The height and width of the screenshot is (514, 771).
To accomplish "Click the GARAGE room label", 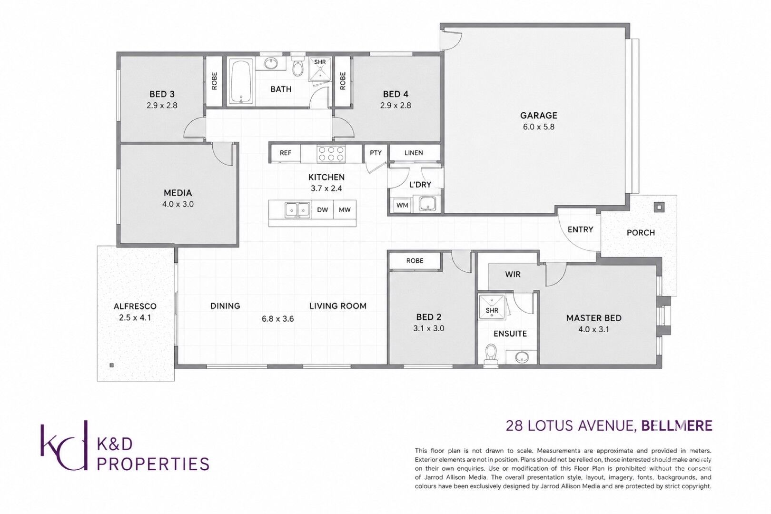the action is [538, 115].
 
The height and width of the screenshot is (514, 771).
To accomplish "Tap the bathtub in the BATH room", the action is [241, 82].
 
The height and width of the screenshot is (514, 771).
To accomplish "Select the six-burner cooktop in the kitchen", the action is [331, 154].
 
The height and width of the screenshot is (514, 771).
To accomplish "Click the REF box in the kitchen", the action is [286, 153].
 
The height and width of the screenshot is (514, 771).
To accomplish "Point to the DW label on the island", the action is [323, 209].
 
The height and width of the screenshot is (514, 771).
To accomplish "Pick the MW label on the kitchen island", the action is [345, 209].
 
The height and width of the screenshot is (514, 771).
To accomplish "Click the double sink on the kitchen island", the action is [297, 209].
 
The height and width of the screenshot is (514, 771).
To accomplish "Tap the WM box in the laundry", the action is [402, 206].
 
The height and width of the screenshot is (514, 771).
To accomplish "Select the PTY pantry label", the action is [376, 152].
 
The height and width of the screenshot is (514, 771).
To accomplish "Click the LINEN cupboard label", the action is [414, 152].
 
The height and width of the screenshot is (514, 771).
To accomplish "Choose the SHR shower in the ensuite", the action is [492, 307].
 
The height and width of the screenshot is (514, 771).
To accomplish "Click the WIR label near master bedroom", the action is [513, 275].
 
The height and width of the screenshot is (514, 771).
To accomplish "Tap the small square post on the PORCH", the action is [659, 207].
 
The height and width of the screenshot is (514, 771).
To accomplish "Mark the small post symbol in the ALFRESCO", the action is [111, 366].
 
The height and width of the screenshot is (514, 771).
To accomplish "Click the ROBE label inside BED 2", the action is [415, 261].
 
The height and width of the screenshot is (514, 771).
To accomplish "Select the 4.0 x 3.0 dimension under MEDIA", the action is [178, 204].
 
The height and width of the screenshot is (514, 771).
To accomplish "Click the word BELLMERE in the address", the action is [677, 426].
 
